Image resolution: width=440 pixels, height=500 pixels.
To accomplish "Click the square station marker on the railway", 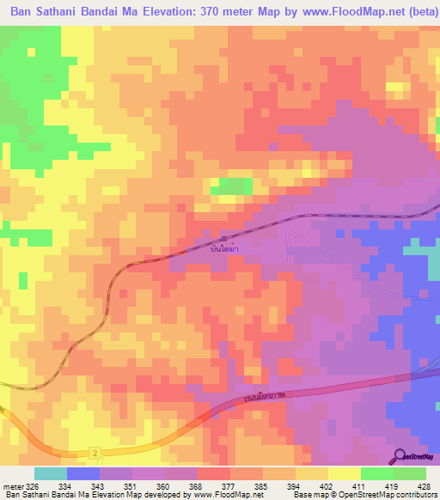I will click(223, 239).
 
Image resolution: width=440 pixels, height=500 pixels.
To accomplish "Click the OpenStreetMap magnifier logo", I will click(400, 456).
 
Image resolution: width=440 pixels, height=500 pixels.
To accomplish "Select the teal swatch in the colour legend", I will click(51, 473).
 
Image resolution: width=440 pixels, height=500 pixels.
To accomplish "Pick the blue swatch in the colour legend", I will click(83, 473).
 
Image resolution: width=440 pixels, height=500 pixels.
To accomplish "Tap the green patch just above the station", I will click(231, 186).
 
